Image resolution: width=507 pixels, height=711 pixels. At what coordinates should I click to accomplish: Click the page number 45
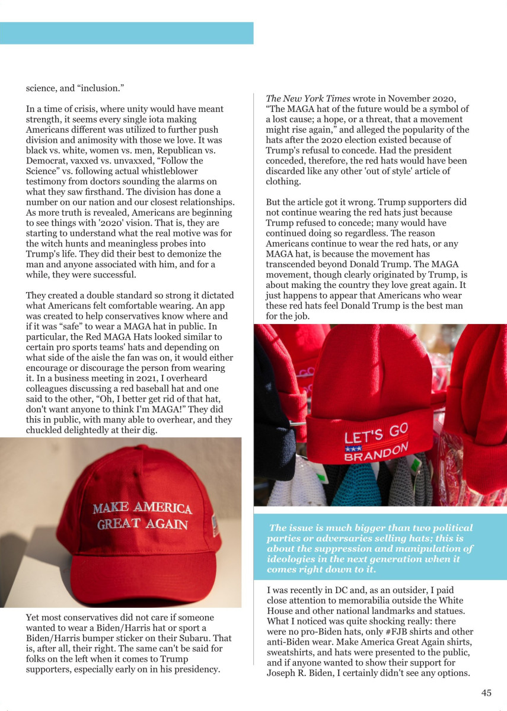click(486, 693)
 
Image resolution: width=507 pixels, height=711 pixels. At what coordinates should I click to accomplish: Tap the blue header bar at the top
click(126, 33)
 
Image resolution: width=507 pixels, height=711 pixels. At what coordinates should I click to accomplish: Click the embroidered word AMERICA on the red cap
click(162, 508)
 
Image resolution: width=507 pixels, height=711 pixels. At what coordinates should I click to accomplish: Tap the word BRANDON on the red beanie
click(377, 453)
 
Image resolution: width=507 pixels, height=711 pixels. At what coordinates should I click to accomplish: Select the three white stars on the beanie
click(353, 449)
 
